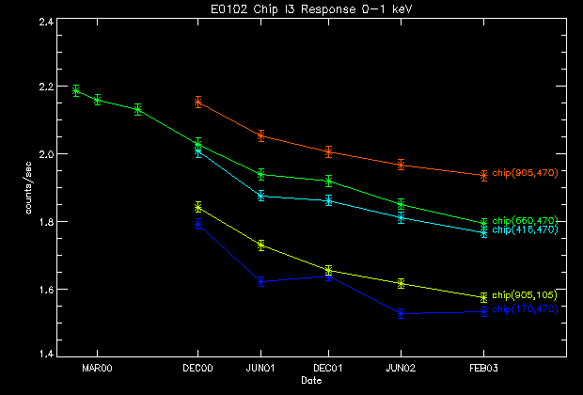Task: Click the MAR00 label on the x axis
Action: (98, 369)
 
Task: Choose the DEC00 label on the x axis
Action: (198, 369)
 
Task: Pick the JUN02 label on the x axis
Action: (401, 369)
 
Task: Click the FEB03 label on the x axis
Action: (483, 369)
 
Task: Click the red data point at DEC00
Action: (198, 102)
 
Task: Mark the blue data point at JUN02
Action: (401, 314)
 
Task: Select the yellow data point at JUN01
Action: (261, 245)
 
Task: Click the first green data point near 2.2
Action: (76, 91)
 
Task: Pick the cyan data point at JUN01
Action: (261, 196)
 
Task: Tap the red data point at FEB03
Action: (483, 175)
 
